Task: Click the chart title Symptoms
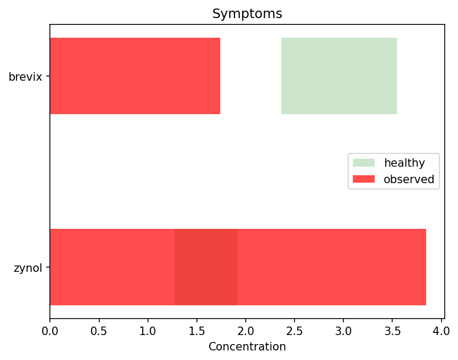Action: [x=247, y=14]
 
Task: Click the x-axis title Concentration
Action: [x=247, y=347]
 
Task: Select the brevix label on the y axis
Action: [x=25, y=76]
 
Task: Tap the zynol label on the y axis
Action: [x=28, y=268]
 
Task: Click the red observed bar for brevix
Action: [x=135, y=76]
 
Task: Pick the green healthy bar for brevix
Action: [x=339, y=76]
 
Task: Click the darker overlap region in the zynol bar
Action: [x=205, y=267]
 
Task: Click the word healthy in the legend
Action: [x=404, y=162]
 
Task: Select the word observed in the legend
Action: [x=408, y=179]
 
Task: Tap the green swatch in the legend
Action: [x=364, y=162]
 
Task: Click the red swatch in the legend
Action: [x=364, y=179]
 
